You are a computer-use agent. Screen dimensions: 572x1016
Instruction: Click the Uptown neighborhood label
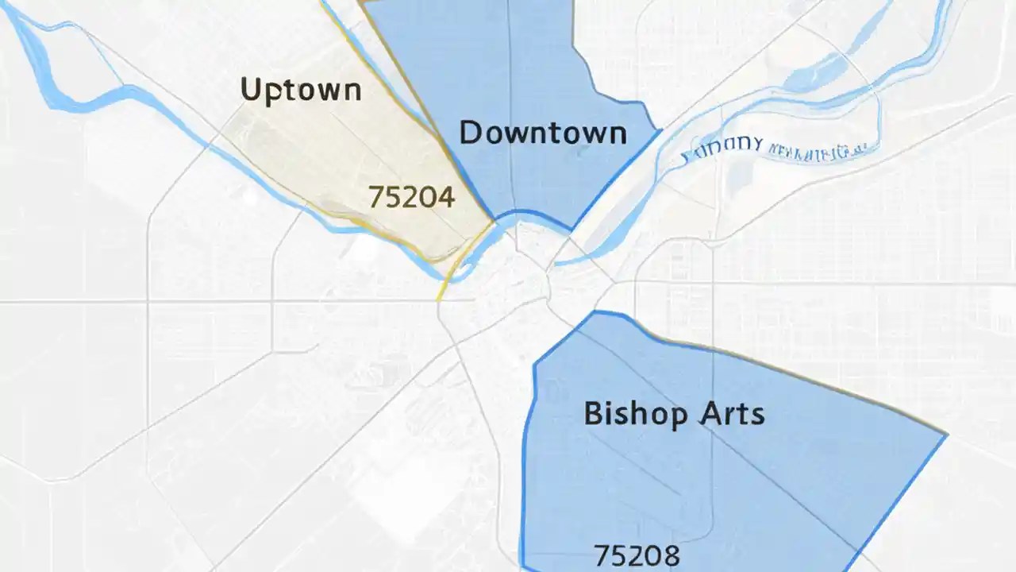click(301, 90)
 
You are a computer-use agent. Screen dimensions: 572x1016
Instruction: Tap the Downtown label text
click(543, 132)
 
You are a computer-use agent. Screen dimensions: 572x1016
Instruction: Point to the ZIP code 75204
click(412, 196)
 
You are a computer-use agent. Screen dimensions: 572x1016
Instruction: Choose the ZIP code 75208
click(637, 555)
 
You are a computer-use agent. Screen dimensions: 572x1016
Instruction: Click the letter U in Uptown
click(251, 89)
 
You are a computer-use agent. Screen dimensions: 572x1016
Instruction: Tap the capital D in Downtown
click(470, 132)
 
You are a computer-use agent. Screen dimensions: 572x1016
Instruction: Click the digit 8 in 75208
click(671, 555)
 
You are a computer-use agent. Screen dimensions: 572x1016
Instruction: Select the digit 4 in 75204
click(445, 196)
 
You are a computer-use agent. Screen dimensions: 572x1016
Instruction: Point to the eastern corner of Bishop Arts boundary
click(946, 435)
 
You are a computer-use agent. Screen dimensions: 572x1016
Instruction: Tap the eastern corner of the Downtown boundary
click(660, 129)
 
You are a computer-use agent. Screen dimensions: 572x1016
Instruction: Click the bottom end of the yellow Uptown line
click(438, 299)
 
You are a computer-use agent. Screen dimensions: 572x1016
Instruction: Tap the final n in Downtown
click(617, 134)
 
